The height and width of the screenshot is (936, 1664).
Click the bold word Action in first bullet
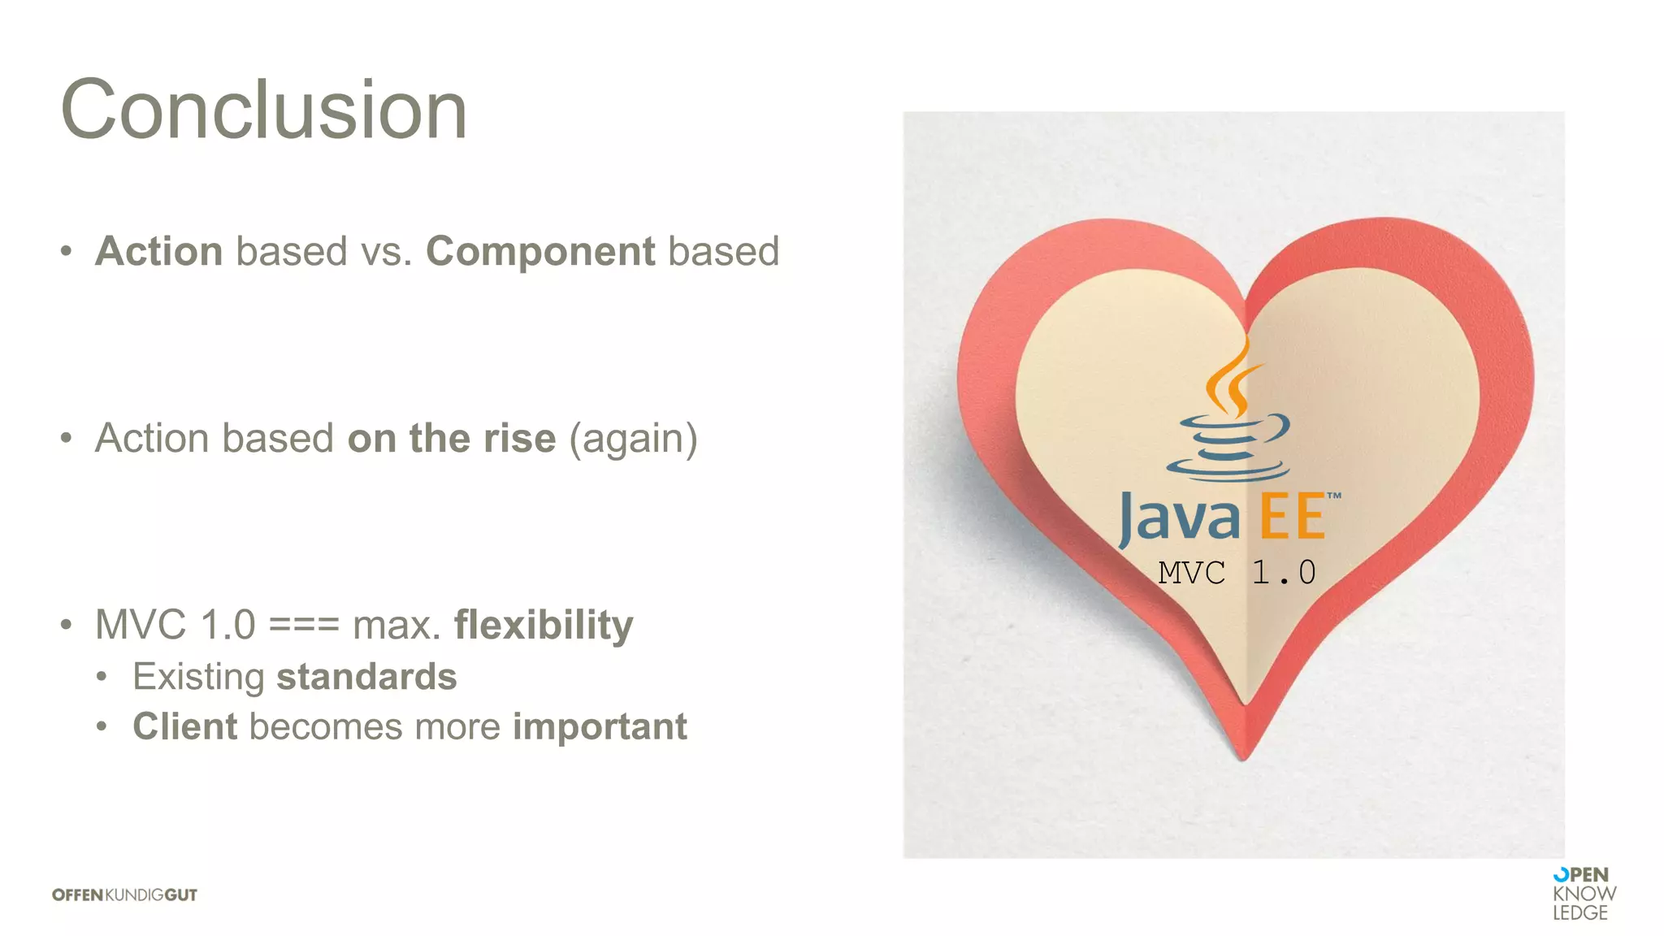pos(159,251)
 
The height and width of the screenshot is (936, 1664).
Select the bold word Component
pos(540,251)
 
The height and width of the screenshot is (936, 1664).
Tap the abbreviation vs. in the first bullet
pos(387,251)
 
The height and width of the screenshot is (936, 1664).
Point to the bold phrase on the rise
pos(452,438)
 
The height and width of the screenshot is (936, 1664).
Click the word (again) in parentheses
pos(633,438)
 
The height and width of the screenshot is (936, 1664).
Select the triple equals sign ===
pos(304,625)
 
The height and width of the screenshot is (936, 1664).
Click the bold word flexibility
pos(544,625)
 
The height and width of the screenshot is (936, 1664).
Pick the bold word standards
pos(366,677)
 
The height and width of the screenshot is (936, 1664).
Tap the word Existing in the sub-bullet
pos(198,677)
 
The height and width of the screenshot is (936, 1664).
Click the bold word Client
pos(185,726)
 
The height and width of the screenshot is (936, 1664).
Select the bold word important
pos(600,726)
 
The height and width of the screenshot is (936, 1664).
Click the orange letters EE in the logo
pos(1292,518)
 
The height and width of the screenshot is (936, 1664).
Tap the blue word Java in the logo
pos(1180,518)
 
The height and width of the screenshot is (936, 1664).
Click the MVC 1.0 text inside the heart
pos(1237,573)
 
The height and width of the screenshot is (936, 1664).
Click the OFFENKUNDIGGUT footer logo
pos(124,895)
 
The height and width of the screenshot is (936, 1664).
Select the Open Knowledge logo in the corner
pos(1583,894)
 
